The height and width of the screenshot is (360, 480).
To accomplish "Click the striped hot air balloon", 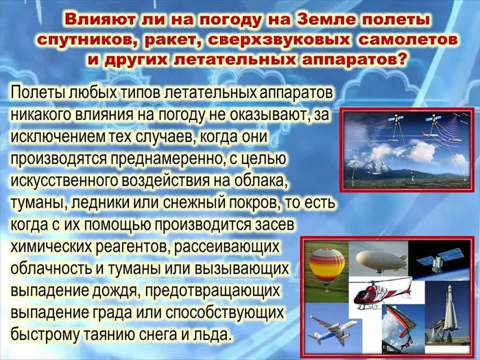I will pyautogui.click(x=326, y=266).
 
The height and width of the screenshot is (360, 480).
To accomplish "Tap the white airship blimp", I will pyautogui.click(x=383, y=261).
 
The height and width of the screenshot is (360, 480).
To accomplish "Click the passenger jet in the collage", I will pyautogui.click(x=335, y=328).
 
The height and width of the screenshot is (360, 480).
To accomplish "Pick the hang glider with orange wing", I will pyautogui.click(x=398, y=322).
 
